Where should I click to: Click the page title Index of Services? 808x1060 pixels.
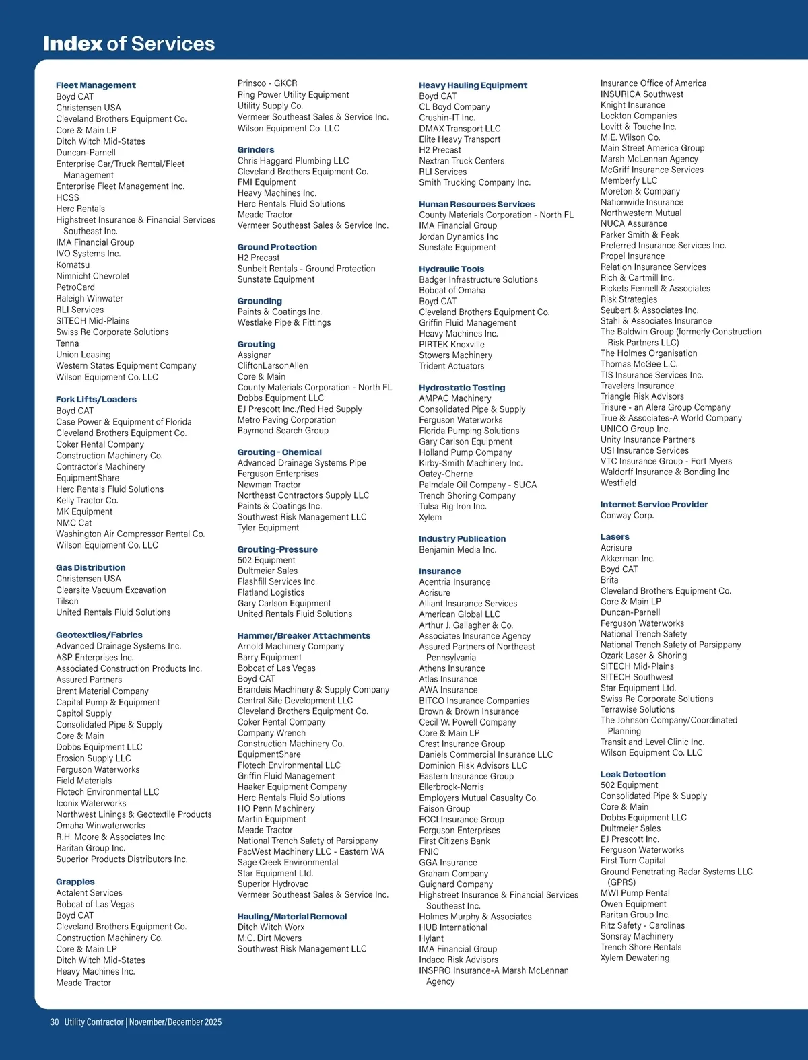(129, 44)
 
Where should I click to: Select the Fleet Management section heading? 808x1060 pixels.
(96, 85)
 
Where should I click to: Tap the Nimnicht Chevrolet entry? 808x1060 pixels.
(93, 276)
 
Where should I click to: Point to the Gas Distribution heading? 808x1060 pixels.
(91, 567)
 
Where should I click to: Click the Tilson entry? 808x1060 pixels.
(67, 601)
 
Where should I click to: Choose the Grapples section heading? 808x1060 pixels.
(75, 882)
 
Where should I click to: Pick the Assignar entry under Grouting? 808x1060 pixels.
(254, 355)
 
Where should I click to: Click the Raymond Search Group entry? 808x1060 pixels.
(283, 431)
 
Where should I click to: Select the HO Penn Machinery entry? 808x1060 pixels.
(276, 808)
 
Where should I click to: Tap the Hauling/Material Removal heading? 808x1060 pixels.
(292, 916)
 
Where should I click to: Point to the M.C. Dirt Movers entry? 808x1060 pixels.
(269, 938)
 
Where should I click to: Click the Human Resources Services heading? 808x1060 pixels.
(477, 204)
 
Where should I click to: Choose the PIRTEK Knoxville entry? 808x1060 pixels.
(452, 345)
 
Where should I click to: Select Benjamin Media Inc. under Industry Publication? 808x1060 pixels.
(458, 550)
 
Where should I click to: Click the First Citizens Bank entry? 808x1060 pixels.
(454, 841)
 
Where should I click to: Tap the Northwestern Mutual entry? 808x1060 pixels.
(641, 213)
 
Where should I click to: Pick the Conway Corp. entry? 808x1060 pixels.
(628, 516)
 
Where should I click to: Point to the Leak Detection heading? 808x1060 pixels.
(633, 775)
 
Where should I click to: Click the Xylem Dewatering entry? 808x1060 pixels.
(635, 958)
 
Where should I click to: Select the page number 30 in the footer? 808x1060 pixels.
(55, 1022)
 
